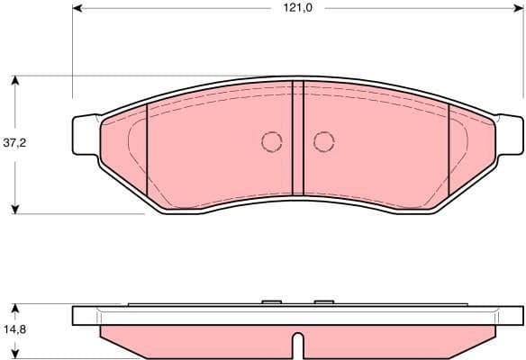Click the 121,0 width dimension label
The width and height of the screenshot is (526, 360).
(x=297, y=8)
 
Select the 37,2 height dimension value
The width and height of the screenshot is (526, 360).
(x=14, y=143)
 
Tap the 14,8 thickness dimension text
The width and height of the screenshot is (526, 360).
(x=14, y=329)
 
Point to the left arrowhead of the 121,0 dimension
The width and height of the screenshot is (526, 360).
(x=77, y=8)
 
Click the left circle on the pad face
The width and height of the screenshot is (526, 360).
(x=271, y=141)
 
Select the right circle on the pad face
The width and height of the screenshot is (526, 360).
(x=323, y=141)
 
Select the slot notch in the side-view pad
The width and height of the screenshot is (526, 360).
(x=298, y=344)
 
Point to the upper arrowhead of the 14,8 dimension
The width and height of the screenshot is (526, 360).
(x=15, y=309)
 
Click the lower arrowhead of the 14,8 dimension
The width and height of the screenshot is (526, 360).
(x=15, y=353)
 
